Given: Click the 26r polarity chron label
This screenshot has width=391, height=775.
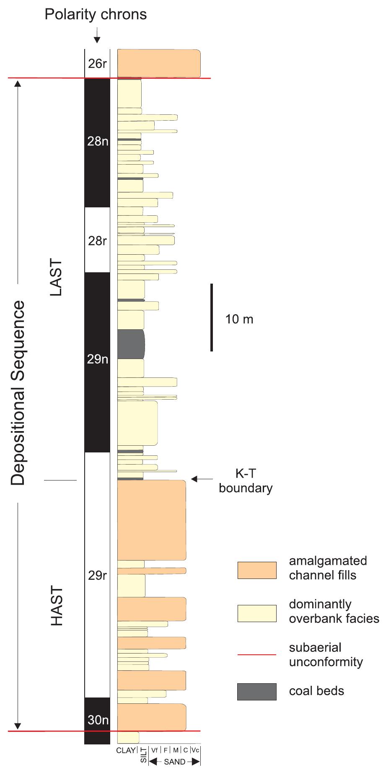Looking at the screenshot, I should point(97,64).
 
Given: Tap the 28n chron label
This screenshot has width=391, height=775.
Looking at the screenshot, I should point(98,142).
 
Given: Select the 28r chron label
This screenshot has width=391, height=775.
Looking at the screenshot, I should point(97,241).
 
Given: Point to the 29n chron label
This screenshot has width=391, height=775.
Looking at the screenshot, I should point(98,359).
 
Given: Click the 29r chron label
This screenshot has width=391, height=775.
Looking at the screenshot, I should point(97,576).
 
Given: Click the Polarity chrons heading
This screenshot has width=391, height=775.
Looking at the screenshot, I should point(96,15).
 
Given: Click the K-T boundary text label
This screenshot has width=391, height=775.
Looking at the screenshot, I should point(246,481).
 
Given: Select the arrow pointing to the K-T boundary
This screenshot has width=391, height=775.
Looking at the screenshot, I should point(202,478).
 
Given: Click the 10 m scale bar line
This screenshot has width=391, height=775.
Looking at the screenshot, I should point(212,317).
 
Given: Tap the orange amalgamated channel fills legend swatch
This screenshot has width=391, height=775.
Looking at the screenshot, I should point(257,570).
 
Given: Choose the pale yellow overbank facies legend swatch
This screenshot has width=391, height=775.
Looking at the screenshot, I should point(257,613).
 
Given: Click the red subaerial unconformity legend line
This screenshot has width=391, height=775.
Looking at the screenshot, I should point(257,654).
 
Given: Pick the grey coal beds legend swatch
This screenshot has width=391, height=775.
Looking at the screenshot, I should point(257,692).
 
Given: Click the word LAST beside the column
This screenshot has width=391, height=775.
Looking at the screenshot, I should point(56,278).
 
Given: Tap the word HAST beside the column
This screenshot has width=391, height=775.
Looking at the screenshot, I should point(57,606).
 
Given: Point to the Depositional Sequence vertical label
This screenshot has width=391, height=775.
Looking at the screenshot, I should point(18,393).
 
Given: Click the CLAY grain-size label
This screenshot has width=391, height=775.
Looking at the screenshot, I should point(126,750).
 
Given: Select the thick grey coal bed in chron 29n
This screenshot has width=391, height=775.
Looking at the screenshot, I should point(131,344).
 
